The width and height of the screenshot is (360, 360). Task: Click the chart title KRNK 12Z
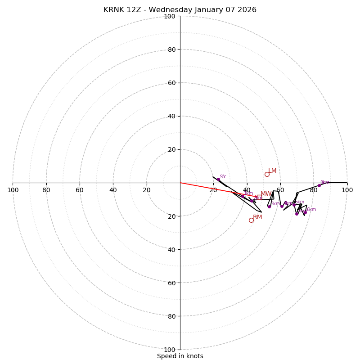(180, 10)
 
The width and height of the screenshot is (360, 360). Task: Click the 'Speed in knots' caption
(180, 356)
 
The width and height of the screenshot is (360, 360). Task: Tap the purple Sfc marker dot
(218, 179)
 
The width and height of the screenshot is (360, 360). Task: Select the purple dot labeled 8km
(319, 185)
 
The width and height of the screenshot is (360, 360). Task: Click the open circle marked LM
(267, 174)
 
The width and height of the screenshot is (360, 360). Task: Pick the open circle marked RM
(251, 220)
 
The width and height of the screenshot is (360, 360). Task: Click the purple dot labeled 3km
(269, 207)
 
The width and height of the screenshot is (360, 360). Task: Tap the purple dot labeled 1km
(243, 196)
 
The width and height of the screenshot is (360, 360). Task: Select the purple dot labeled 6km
(305, 212)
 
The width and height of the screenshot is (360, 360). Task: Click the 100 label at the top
(170, 16)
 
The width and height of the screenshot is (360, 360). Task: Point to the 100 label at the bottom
(170, 350)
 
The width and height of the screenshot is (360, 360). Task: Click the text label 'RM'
(257, 217)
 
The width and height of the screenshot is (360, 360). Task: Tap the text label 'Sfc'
(223, 177)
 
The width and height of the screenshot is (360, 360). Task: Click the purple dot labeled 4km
(282, 206)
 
